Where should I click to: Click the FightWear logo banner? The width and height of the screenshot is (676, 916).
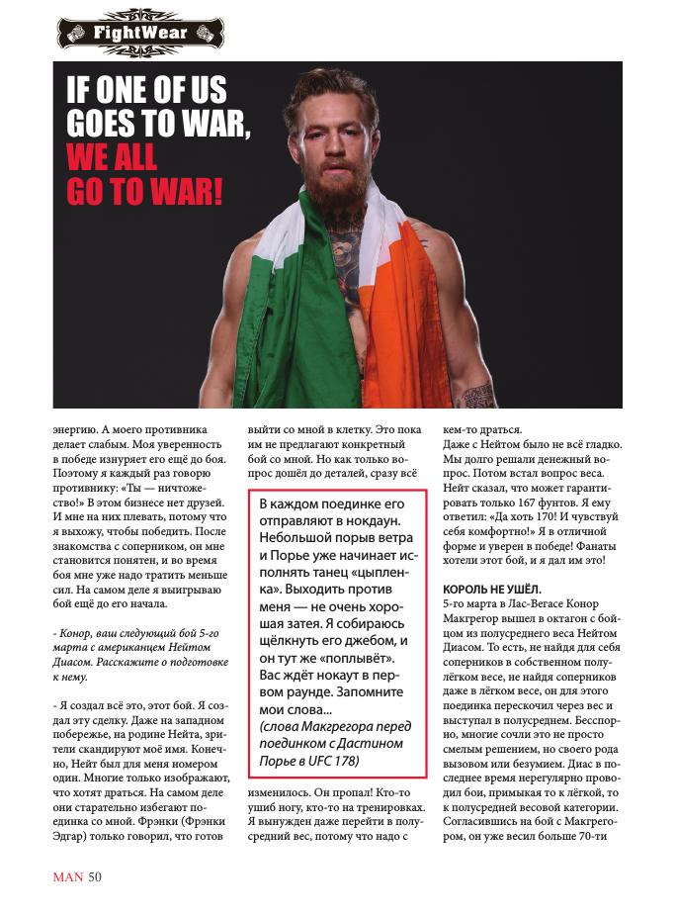coord(139,33)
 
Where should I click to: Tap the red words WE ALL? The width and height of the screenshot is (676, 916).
coord(112,156)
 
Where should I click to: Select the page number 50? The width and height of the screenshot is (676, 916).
coord(95,875)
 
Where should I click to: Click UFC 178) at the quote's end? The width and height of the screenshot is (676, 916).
coord(331,760)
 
